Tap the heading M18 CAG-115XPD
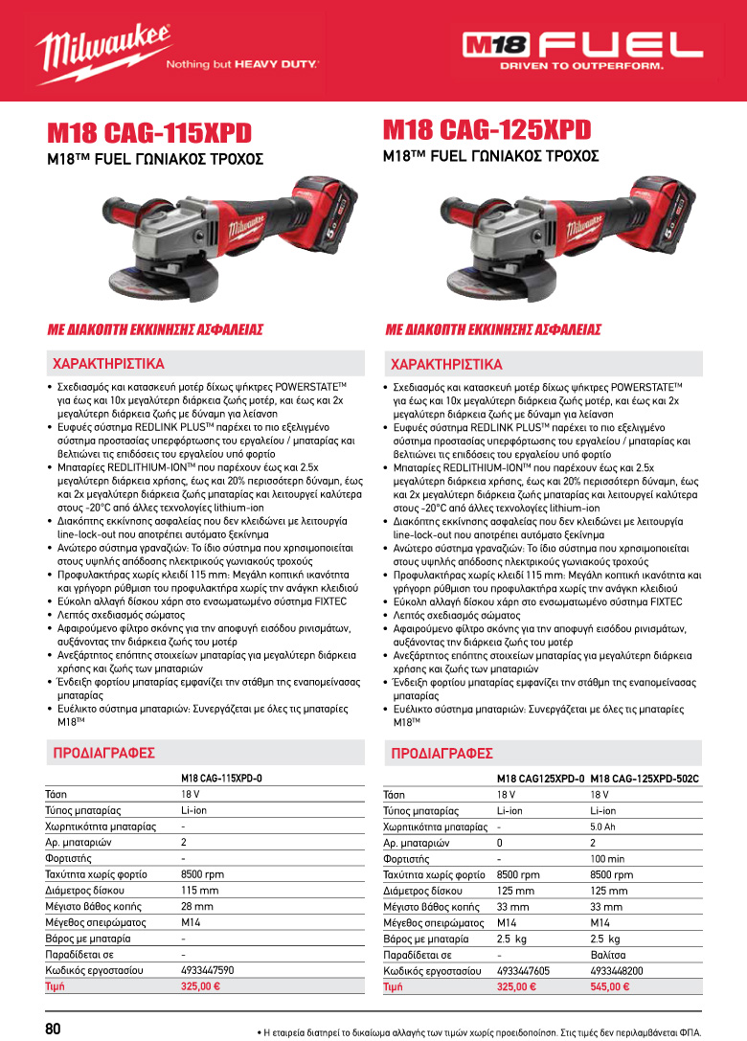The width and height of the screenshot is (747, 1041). [151, 131]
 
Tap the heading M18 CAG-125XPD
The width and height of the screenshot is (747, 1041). [487, 129]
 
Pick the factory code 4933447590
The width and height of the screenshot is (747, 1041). [207, 970]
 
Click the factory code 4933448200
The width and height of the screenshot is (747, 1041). [617, 970]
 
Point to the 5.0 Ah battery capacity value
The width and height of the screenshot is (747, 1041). [602, 826]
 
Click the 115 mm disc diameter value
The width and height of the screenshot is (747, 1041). [200, 890]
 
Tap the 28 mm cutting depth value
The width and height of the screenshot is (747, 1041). [196, 906]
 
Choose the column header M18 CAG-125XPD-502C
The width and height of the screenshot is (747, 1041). [645, 780]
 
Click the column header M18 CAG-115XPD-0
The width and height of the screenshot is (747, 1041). [221, 779]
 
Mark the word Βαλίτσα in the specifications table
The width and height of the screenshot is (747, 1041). [609, 955]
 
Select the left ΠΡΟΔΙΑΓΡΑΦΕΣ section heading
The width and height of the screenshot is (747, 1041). [102, 754]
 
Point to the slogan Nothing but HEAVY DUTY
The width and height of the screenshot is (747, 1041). [241, 66]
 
